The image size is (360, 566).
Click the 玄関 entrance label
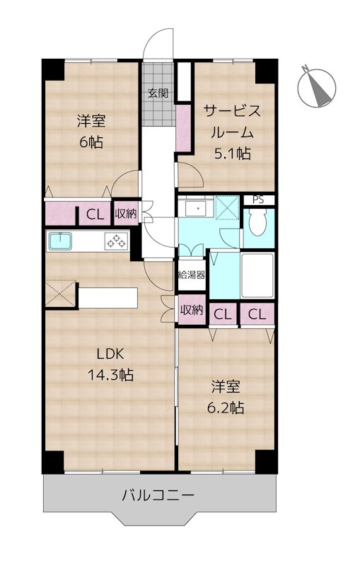pos(158,93)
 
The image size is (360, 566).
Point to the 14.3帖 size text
pos(110,376)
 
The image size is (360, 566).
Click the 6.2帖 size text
pos(228,408)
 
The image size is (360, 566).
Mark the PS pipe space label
pos(258,200)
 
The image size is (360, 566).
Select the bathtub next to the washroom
pos(258,275)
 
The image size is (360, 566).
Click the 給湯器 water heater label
pos(192,275)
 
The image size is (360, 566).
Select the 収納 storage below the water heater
pos(192,310)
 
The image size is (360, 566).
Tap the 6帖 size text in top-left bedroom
pos(91,141)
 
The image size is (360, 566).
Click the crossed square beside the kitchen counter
pos(61,291)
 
